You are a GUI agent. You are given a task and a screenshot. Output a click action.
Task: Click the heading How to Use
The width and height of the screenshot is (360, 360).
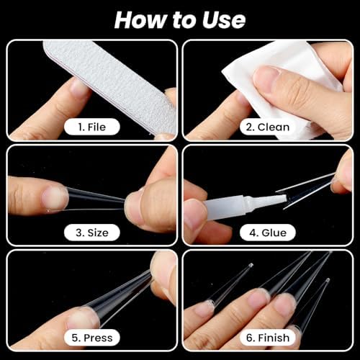click(180, 20)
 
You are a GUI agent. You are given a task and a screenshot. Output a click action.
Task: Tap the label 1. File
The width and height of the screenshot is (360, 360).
click(92, 127)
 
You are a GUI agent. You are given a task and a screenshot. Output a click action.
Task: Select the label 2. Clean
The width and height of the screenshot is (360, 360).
click(268, 127)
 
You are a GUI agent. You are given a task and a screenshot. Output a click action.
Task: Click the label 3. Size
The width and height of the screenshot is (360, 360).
click(92, 233)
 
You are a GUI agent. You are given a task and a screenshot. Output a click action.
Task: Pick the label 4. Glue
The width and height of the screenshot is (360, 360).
click(268, 233)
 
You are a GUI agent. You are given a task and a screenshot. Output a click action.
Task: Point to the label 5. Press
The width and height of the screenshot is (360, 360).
click(92, 338)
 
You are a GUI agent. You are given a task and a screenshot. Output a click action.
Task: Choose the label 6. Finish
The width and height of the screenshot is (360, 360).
click(268, 338)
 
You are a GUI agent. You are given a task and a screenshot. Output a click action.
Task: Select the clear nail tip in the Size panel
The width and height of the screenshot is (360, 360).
click(96, 200)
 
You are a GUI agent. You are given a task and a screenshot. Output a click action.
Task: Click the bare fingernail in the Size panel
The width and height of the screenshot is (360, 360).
click(55, 199)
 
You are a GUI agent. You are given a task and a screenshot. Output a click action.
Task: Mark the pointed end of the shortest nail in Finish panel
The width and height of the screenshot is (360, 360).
click(251, 265)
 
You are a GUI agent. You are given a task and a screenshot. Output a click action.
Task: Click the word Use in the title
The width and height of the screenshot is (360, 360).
click(224, 20)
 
